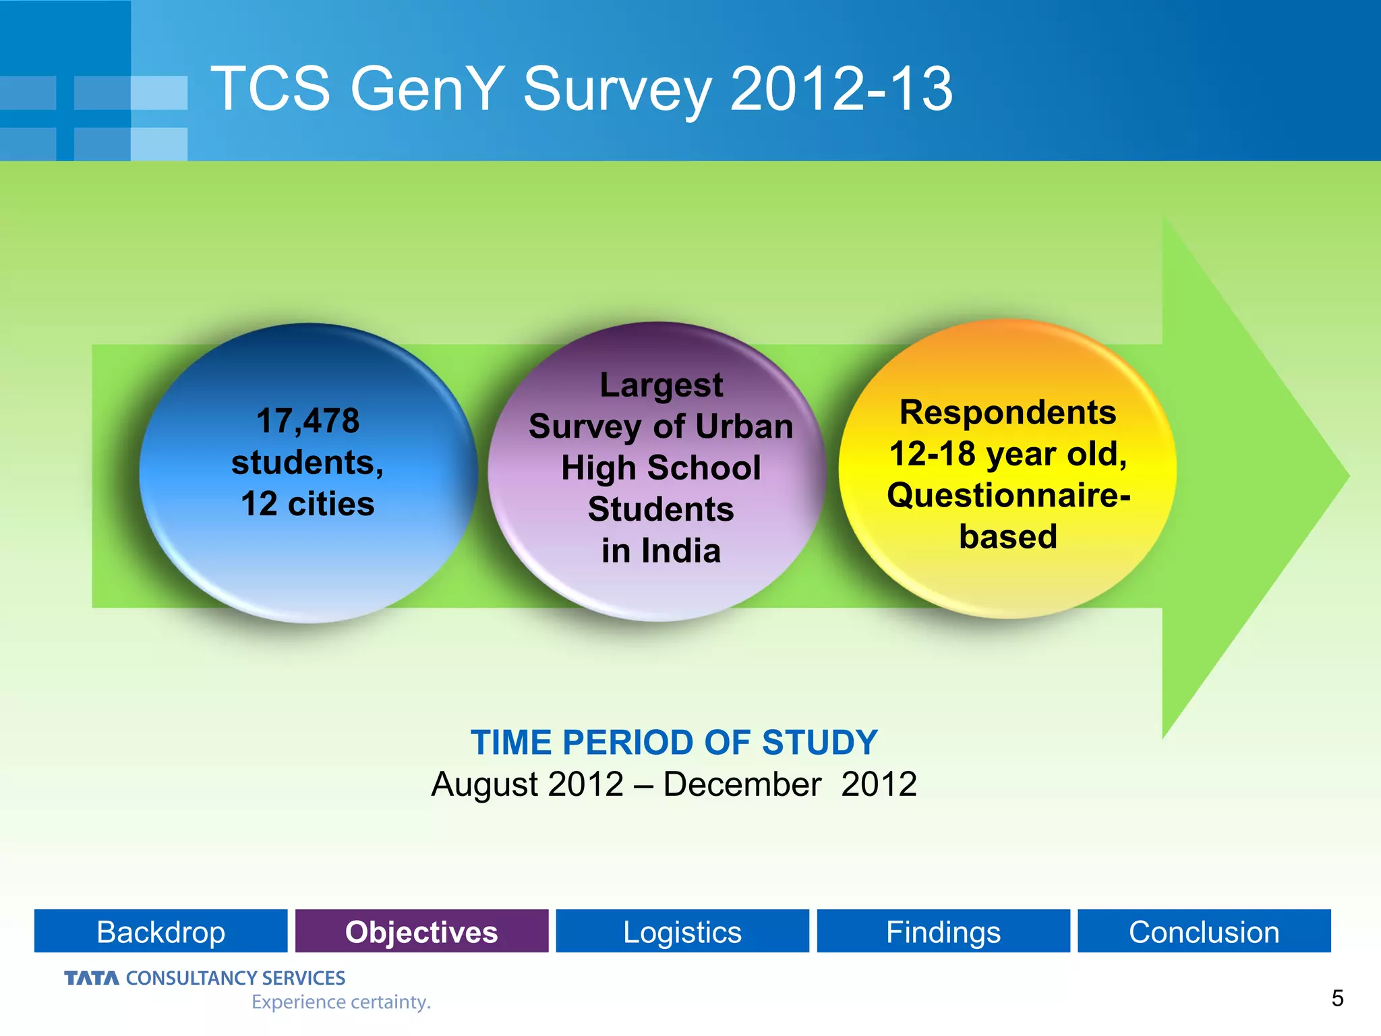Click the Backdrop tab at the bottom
point(160,931)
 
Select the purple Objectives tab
point(421,931)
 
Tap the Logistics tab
point(682,931)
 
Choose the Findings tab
point(943,931)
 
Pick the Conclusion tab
point(1204,931)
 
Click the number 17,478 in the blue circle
point(307,421)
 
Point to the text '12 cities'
point(307,504)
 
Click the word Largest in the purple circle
point(661,385)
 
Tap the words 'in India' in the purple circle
point(661,550)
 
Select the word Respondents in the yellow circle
point(1007,412)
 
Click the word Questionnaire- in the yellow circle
point(1007,496)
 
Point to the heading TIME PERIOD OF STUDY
point(674,743)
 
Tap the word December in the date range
point(742,784)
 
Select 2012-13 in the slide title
point(841,89)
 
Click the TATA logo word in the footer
point(91,978)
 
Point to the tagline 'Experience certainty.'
point(341,1002)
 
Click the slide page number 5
point(1337,998)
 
